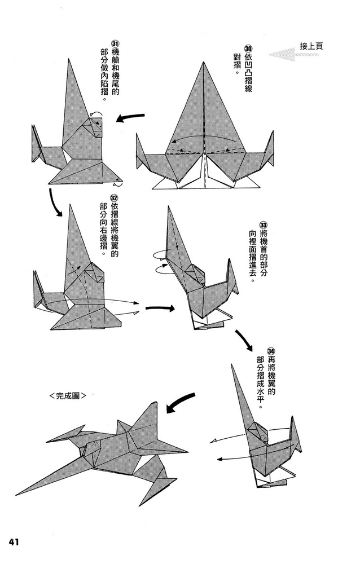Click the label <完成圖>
(x=67, y=396)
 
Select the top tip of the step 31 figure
(x=71, y=59)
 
